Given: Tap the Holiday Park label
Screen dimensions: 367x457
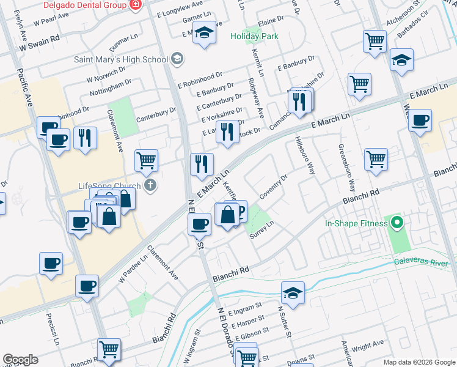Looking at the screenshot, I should pos(254,36).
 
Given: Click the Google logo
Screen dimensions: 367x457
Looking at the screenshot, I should pos(20,360).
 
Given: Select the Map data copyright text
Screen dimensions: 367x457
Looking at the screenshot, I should pos(419,362).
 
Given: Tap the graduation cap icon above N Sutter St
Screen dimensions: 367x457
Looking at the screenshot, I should pos(293,292).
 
